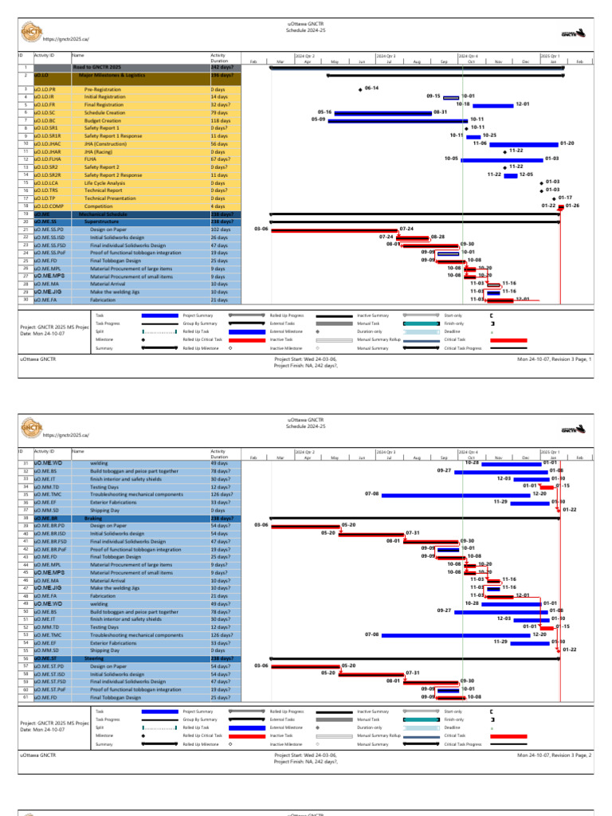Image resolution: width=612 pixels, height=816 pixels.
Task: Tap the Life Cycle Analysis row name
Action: pyautogui.click(x=104, y=182)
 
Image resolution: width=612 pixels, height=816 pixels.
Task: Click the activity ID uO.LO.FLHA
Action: pyautogui.click(x=48, y=159)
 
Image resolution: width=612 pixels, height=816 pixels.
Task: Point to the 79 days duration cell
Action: pyautogui.click(x=220, y=112)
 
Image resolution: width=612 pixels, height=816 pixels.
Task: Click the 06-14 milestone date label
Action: pyautogui.click(x=371, y=88)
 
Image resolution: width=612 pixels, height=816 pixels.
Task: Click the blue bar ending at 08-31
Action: pyautogui.click(x=382, y=112)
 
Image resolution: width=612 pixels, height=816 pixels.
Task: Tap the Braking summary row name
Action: pyautogui.click(x=92, y=518)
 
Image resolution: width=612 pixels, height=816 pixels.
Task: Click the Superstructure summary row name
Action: pyautogui.click(x=102, y=222)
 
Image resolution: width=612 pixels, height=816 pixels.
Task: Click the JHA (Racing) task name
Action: pyautogui.click(x=100, y=151)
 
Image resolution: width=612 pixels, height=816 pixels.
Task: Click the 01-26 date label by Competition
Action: pyautogui.click(x=572, y=206)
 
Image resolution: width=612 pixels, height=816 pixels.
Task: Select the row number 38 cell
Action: pyautogui.click(x=25, y=518)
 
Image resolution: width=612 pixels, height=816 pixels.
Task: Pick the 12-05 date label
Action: pyautogui.click(x=526, y=175)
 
